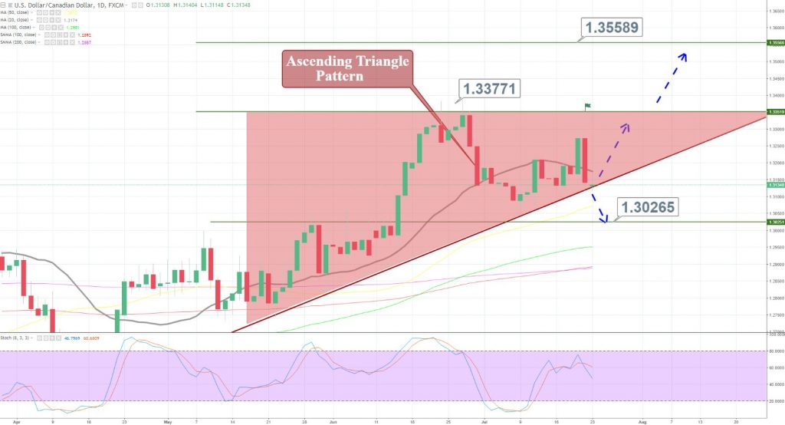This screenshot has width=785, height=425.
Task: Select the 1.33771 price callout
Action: pyautogui.click(x=489, y=89)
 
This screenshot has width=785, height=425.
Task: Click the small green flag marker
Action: pyautogui.click(x=588, y=105)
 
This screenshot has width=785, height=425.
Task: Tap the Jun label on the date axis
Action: pyautogui.click(x=333, y=421)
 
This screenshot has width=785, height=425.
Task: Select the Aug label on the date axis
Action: pyautogui.click(x=642, y=421)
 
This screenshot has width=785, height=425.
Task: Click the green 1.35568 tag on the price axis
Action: pyautogui.click(x=775, y=43)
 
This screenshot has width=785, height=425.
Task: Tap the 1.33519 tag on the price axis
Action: pyautogui.click(x=775, y=112)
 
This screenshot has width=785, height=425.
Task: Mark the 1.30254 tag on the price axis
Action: pyautogui.click(x=775, y=222)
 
